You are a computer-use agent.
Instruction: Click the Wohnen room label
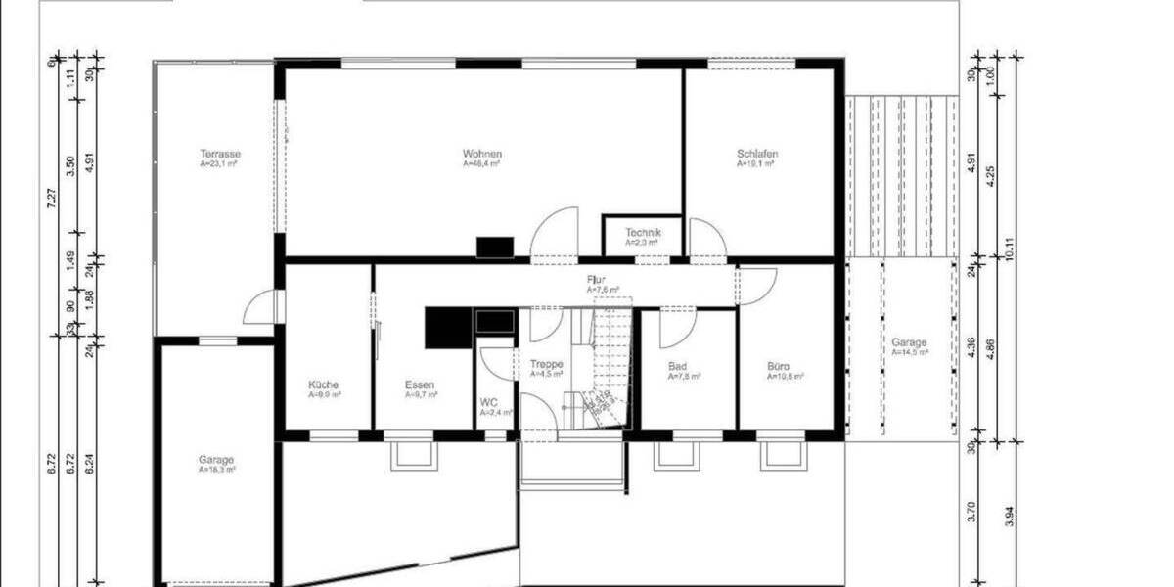(x=482, y=155)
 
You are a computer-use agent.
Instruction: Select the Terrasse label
(x=220, y=155)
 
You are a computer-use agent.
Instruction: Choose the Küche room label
(x=324, y=385)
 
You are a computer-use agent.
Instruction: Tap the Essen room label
(x=420, y=385)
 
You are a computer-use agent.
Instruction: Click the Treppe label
(x=546, y=364)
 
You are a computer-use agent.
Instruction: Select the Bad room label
(x=677, y=366)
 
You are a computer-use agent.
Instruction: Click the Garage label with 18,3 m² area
(x=216, y=460)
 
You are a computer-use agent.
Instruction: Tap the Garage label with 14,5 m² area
(x=909, y=343)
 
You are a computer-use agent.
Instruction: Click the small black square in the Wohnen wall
(x=494, y=248)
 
